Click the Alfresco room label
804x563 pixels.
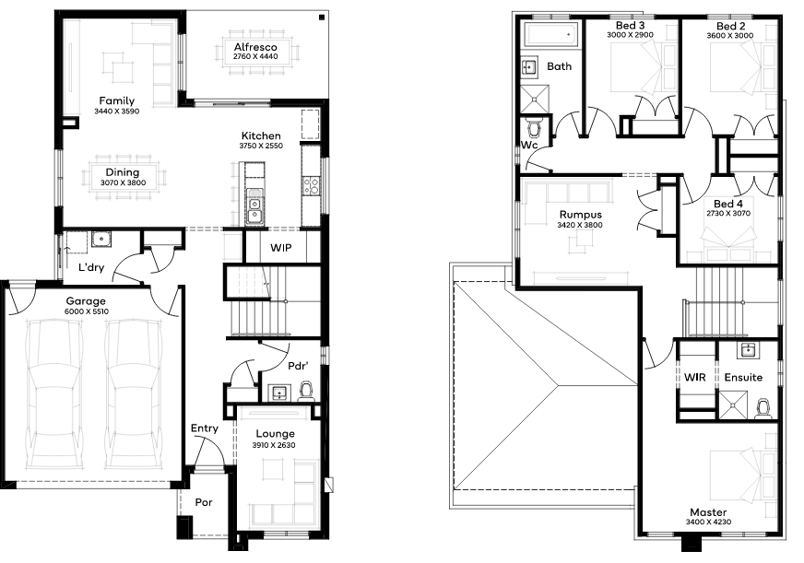click(255, 47)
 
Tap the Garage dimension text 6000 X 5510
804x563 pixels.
click(87, 311)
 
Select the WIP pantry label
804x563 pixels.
click(281, 248)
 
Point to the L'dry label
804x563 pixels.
click(91, 267)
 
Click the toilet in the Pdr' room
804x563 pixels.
click(306, 390)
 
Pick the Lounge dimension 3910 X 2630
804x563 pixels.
click(274, 445)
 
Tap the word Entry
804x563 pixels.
click(205, 428)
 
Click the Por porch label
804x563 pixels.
click(204, 502)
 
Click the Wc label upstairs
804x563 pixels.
click(529, 145)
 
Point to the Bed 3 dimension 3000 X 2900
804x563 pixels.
click(630, 35)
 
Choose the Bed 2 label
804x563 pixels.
click(730, 26)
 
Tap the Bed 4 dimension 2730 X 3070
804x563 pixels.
click(728, 214)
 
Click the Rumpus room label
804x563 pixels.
click(581, 215)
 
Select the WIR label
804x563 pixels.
click(695, 378)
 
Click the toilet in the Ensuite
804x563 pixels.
click(763, 408)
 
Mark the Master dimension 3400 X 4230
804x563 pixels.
click(709, 522)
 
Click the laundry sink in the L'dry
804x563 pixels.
click(101, 240)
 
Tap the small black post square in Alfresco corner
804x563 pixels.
click(322, 18)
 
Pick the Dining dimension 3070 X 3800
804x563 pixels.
click(123, 182)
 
